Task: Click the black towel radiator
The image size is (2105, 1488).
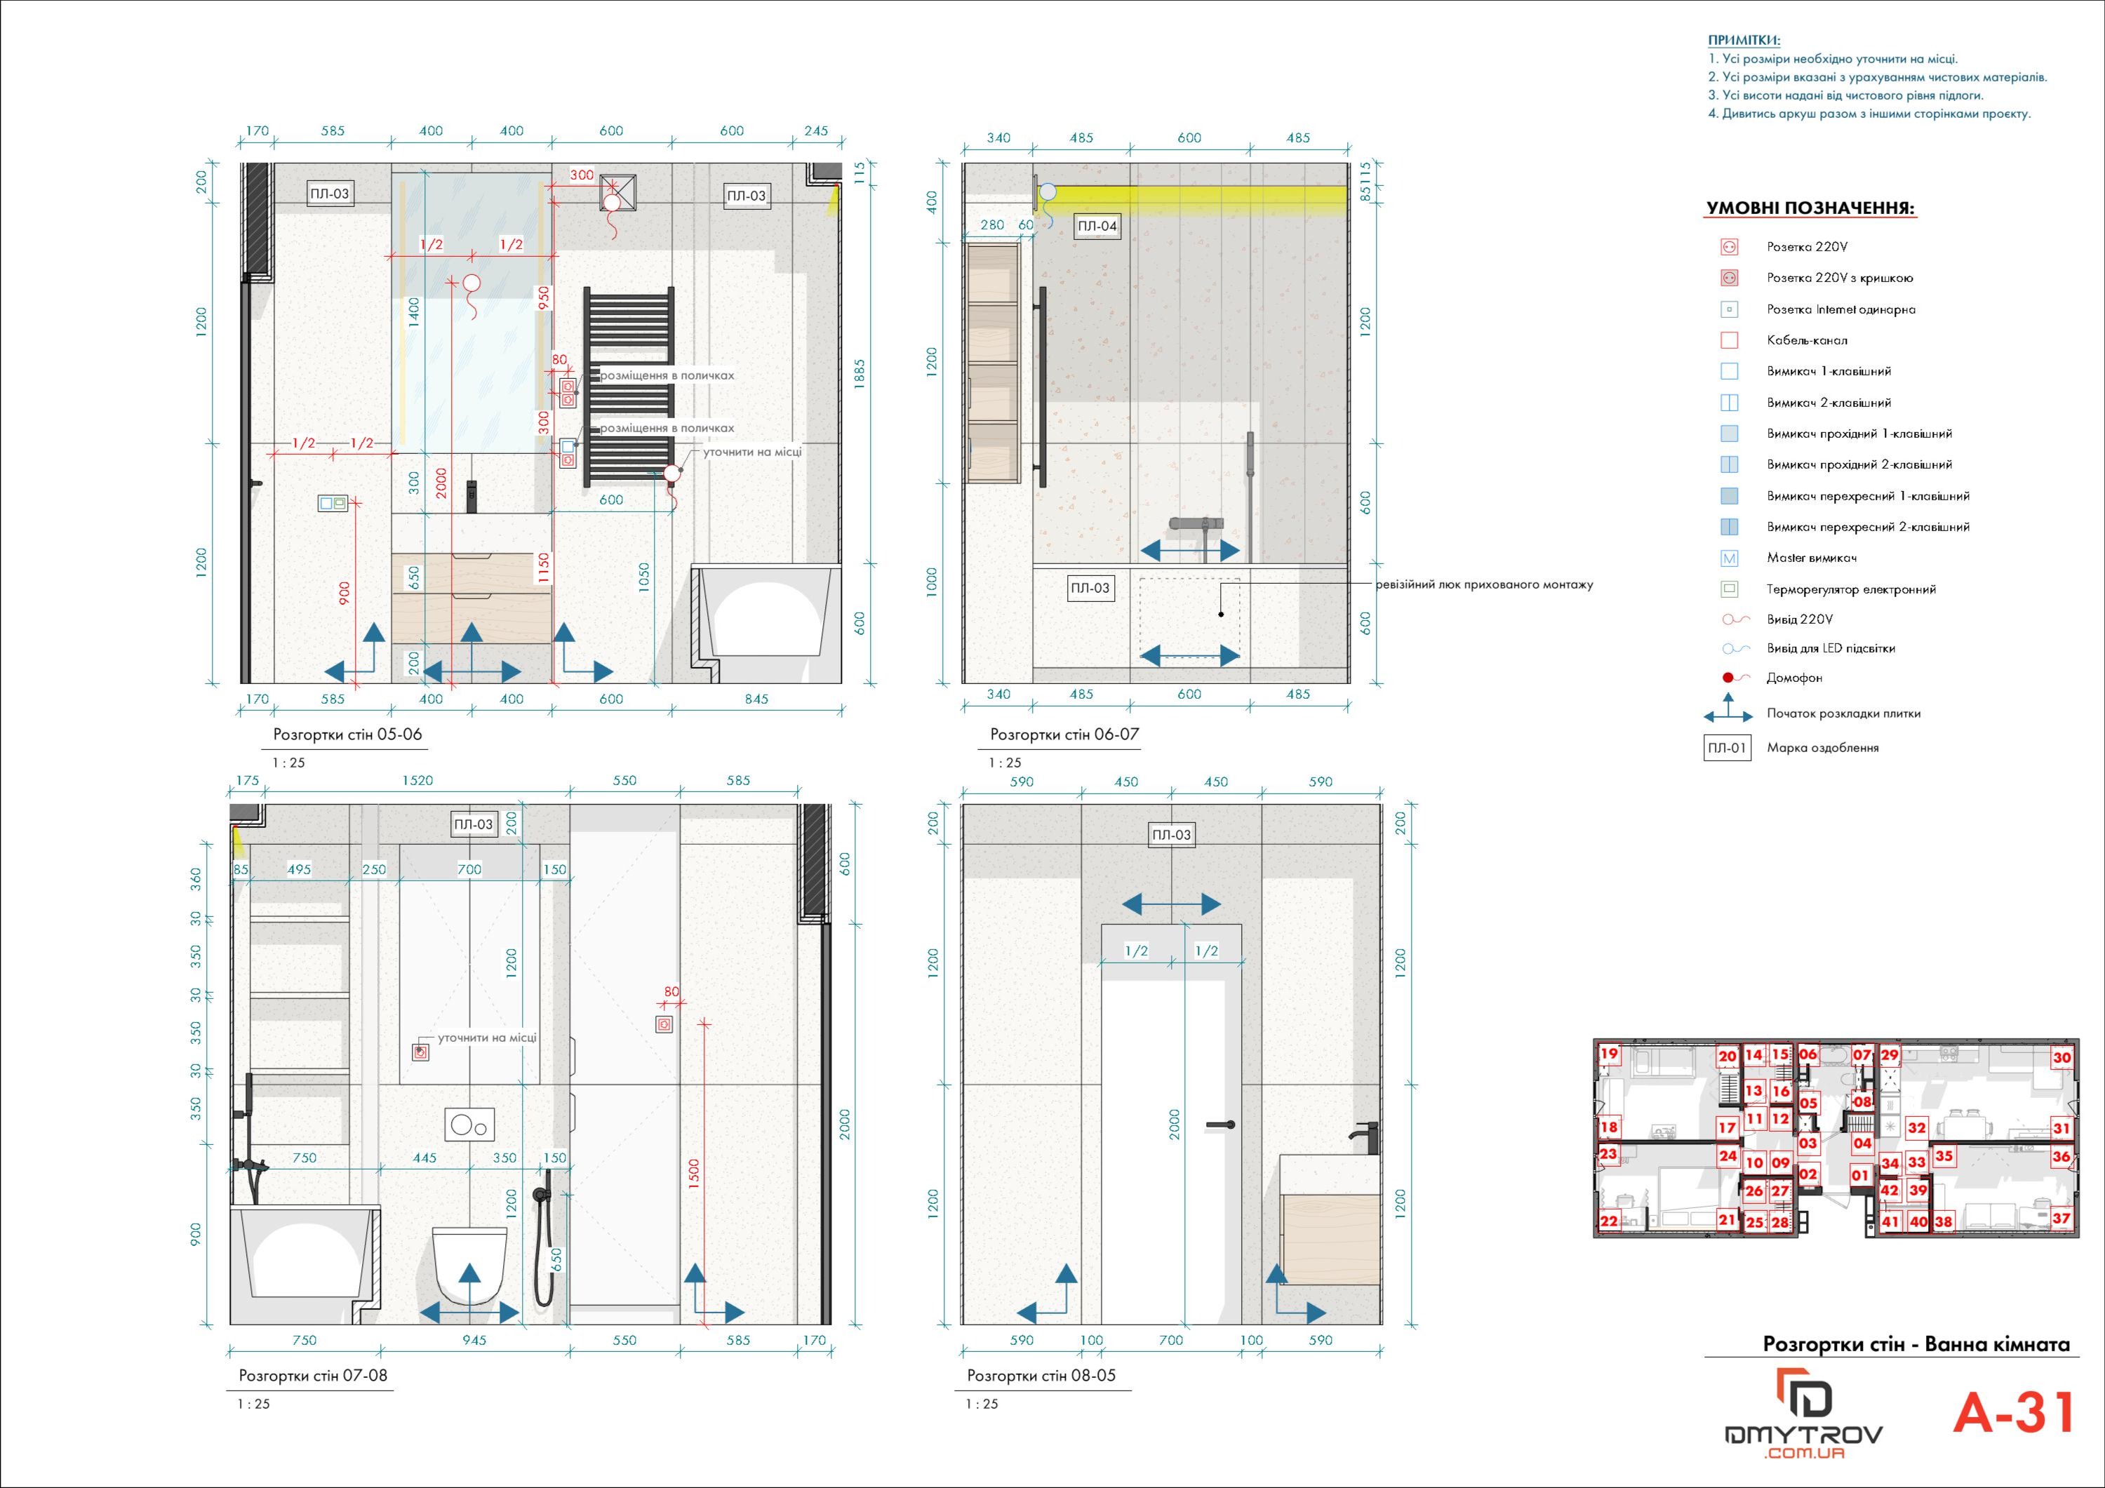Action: (x=630, y=386)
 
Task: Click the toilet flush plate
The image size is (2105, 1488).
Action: (x=469, y=1124)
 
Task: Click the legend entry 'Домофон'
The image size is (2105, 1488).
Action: (x=1794, y=678)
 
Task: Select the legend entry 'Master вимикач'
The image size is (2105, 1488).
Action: (x=1812, y=558)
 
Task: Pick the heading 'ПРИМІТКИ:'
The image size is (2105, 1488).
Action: (x=1744, y=41)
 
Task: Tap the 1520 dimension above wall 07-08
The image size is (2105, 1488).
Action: (x=417, y=780)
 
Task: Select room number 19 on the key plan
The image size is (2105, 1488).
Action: (x=1609, y=1054)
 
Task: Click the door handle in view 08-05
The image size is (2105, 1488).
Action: (x=1221, y=1125)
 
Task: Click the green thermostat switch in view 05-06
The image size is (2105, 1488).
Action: (x=332, y=502)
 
